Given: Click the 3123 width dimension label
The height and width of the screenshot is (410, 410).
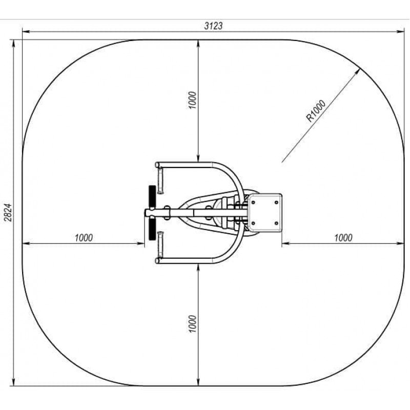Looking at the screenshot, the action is click(213, 26).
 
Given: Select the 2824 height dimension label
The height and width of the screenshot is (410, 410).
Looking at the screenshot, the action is click(8, 213).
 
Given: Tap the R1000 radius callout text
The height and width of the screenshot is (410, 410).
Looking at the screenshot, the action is click(316, 111).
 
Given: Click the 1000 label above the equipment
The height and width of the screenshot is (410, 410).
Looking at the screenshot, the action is click(192, 100).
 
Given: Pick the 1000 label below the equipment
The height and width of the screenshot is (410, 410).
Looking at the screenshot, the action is click(192, 324).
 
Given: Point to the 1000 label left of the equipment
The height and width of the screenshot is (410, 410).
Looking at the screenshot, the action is click(84, 238).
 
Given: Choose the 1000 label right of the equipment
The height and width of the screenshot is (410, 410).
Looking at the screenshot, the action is click(343, 238).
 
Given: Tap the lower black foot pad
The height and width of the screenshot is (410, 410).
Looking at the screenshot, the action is click(152, 229).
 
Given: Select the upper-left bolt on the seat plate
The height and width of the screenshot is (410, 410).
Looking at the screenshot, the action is click(253, 202).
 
